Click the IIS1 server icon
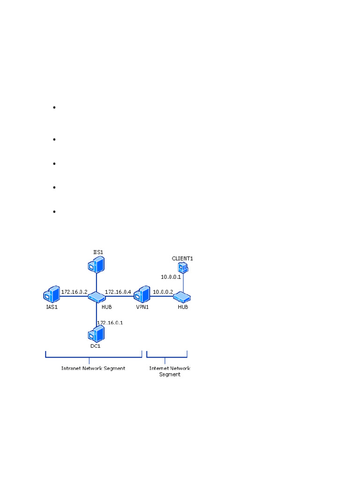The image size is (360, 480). click(x=96, y=264)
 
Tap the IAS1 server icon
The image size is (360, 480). click(x=52, y=294)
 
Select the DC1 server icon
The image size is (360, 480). click(x=96, y=334)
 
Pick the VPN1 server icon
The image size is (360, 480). click(x=142, y=294)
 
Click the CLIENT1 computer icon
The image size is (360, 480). click(x=183, y=268)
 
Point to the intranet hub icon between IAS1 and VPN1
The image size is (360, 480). click(x=97, y=297)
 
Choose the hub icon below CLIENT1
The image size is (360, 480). click(x=182, y=297)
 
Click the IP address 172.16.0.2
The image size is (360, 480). click(x=75, y=292)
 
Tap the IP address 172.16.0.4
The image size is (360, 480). click(x=118, y=292)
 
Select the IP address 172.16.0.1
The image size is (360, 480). click(x=110, y=322)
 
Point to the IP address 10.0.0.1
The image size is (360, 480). click(x=171, y=277)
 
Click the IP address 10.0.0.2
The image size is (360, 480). click(x=163, y=292)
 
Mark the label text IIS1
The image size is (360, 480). click(x=98, y=252)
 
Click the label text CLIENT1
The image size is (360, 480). click(x=182, y=259)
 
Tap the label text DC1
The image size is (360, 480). click(x=96, y=346)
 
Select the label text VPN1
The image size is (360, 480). click(x=142, y=307)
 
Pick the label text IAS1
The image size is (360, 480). click(x=52, y=307)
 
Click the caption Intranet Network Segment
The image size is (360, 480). click(x=93, y=368)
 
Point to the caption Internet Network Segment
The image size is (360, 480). click(x=170, y=371)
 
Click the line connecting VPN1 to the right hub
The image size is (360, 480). click(x=162, y=296)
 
